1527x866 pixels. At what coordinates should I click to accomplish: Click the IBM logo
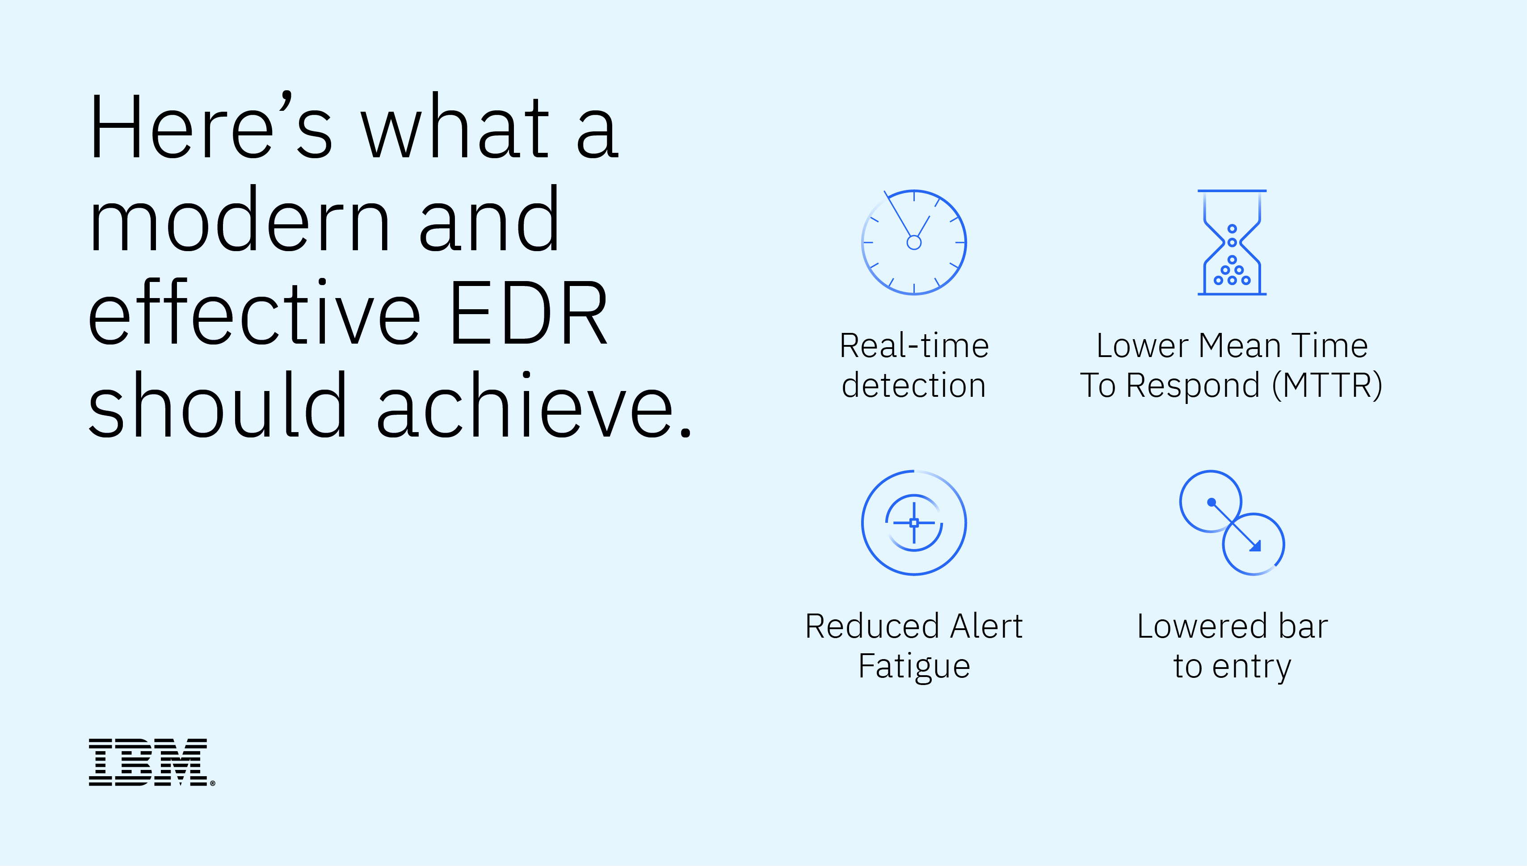tap(151, 762)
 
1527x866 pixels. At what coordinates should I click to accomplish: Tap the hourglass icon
tap(1232, 242)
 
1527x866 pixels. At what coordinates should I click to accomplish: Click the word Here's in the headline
tap(210, 126)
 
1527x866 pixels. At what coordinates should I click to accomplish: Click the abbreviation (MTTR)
tap(1327, 386)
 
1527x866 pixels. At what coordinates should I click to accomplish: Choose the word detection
tap(914, 385)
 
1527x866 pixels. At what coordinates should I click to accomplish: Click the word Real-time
tap(914, 345)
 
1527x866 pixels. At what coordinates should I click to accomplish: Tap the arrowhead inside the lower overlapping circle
tap(1255, 546)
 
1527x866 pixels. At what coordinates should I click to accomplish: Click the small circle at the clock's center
tap(914, 242)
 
